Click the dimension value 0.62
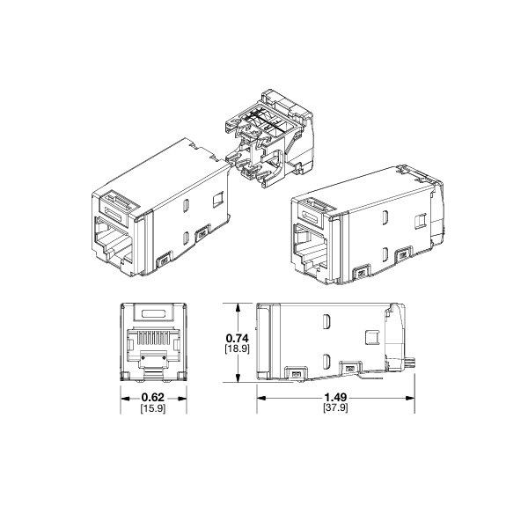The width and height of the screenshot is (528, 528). (153, 397)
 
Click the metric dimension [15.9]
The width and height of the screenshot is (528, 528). (153, 409)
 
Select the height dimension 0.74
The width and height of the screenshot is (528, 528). (238, 338)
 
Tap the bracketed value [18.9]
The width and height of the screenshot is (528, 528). (238, 349)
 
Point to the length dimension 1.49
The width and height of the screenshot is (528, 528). (335, 397)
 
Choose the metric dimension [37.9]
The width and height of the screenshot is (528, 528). (335, 409)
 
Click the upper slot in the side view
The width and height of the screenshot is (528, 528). (326, 323)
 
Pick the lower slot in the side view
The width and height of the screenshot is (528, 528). (326, 360)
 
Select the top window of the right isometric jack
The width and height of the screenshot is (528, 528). (313, 209)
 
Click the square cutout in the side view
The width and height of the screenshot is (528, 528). (370, 338)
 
